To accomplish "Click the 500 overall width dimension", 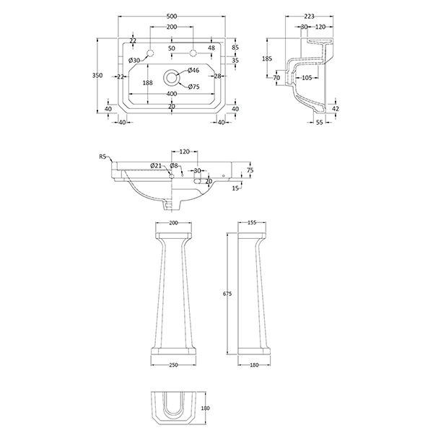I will coord(171,17).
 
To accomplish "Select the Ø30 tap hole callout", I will coord(134,60).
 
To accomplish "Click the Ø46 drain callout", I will coord(193,70).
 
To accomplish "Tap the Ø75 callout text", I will coord(193,87).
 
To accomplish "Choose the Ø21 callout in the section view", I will coord(156,166).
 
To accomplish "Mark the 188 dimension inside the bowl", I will coord(147,83).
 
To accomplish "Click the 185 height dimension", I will coord(267,58).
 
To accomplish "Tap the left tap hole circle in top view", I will coord(150,52).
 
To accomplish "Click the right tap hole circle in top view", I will coord(193,52).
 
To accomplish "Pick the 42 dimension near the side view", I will coord(335,108).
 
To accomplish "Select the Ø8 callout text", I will coord(173,166).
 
